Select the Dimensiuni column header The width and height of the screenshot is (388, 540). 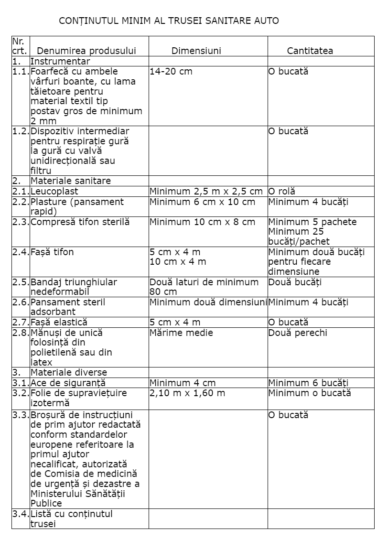coord(196,51)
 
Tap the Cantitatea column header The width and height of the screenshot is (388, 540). coord(310,51)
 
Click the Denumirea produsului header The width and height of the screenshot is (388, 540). coord(86,51)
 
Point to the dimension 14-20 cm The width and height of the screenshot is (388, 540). coord(171,72)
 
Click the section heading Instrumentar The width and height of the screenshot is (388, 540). coord(60,62)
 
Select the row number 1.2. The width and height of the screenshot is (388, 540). coord(21,131)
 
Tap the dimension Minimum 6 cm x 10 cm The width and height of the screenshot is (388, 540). coord(203,202)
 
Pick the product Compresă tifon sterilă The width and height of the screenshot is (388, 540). coord(80,222)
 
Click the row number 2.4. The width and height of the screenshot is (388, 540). coord(21,252)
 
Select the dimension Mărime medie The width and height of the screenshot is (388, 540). coord(181,333)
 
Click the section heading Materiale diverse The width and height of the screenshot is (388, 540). coord(69,372)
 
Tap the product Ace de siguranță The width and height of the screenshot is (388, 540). coord(68,383)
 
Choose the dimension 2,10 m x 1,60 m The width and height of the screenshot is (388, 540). coord(187,393)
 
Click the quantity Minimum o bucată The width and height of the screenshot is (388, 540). coord(310,393)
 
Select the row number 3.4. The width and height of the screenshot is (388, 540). coord(21,514)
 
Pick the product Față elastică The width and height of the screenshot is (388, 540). coord(59,323)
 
